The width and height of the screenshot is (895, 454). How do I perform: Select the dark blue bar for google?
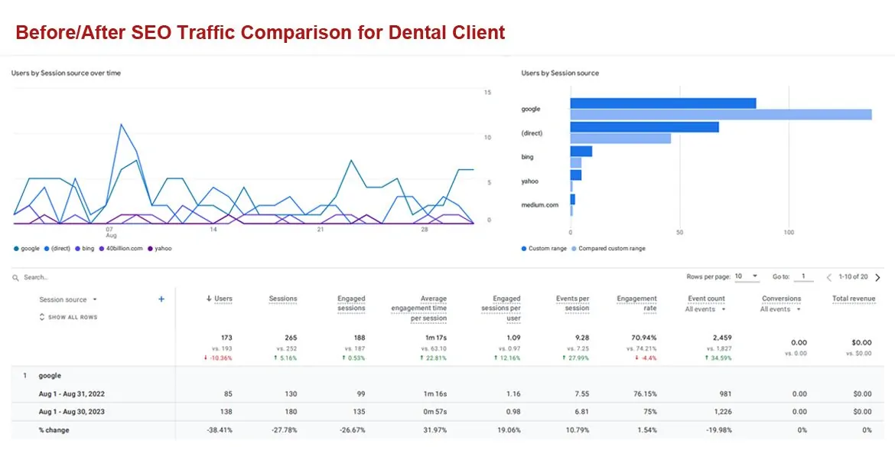point(662,103)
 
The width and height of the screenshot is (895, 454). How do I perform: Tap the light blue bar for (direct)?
point(620,139)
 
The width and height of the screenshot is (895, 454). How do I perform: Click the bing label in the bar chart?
point(527,157)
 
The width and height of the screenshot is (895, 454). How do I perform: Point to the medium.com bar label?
point(540,205)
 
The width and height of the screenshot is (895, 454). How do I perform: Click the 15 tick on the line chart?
point(487,93)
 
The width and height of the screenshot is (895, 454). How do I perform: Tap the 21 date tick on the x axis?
point(321,230)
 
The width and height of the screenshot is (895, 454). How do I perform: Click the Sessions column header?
point(283,299)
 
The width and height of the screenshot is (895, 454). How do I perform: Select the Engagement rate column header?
point(636,303)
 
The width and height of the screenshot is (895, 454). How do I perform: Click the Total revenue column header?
point(854,299)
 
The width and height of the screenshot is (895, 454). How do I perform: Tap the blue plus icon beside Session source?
point(161,299)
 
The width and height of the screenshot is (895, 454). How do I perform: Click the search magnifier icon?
point(16,278)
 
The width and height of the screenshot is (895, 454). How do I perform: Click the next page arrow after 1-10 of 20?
point(877,277)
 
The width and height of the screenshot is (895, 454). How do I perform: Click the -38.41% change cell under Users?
point(219,430)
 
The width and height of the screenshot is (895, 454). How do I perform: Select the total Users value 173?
point(226,338)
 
